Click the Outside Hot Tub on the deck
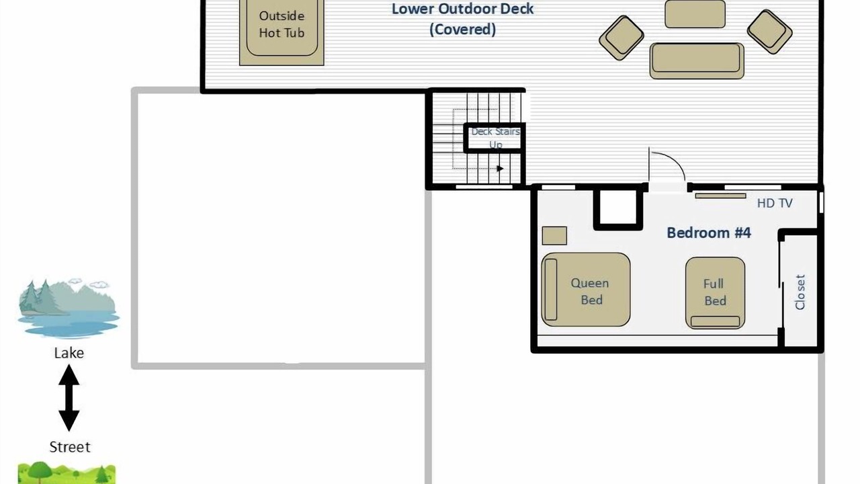pos(282,32)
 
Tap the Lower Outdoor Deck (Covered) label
pos(462,19)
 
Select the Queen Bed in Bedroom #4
pos(585,290)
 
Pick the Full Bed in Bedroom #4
pos(715,292)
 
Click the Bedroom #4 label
pos(709,233)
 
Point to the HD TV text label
pos(775,203)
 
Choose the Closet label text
pos(800,292)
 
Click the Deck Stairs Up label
pos(496,138)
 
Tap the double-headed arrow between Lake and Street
pos(69,397)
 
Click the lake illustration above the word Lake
pos(69,309)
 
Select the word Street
pos(70,447)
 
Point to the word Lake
pos(69,353)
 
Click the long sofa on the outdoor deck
pos(697,61)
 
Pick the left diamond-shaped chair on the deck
pos(621,38)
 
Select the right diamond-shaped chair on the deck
pos(769,32)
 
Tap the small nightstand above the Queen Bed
pos(554,235)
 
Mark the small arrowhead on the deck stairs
pos(500,169)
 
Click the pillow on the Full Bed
pos(715,321)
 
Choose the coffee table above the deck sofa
pos(695,14)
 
